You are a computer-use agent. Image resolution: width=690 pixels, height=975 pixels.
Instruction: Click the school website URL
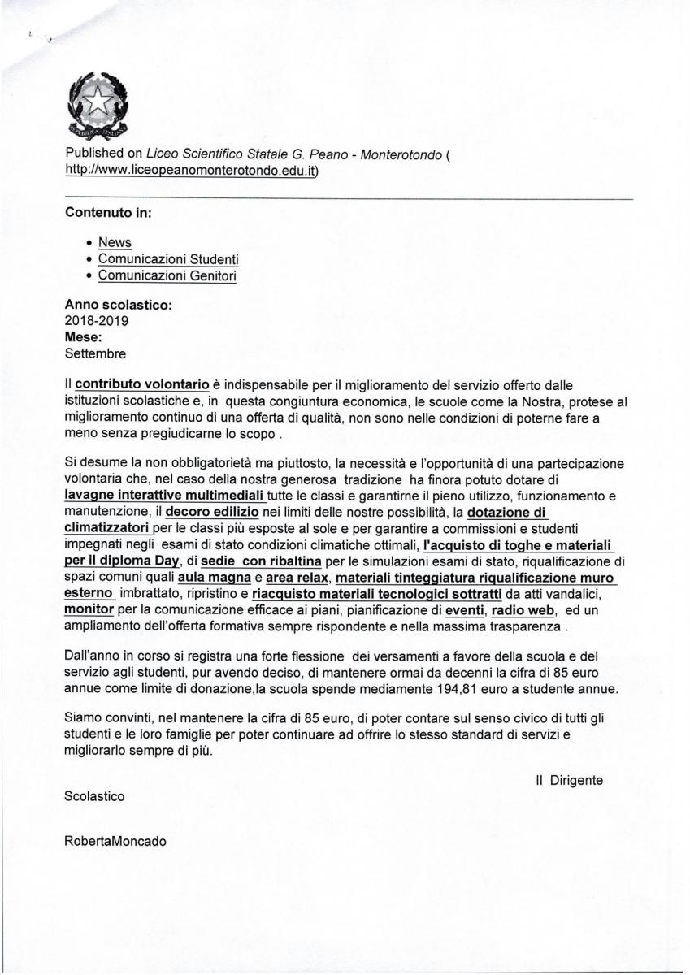[x=191, y=171]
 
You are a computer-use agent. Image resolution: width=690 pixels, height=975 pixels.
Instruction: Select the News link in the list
[x=115, y=242]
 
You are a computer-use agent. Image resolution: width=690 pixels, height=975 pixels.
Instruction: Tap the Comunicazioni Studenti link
[x=168, y=259]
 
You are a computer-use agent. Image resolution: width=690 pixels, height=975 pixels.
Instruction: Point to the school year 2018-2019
[x=96, y=321]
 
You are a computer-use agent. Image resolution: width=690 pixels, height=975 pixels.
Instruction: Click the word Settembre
[x=95, y=353]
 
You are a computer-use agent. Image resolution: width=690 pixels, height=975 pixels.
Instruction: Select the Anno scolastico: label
[x=118, y=305]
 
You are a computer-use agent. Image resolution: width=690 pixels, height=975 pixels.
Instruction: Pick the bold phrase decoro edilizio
[x=212, y=512]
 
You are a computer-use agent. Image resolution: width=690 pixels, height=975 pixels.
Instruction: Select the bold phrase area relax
[x=297, y=578]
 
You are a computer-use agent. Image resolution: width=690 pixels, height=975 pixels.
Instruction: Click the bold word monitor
[x=89, y=610]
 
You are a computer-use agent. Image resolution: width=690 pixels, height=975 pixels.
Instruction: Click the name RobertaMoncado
[x=115, y=842]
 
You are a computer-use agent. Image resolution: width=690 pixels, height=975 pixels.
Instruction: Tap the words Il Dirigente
[x=569, y=780]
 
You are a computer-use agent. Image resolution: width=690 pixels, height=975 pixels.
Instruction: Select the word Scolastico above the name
[x=94, y=797]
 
